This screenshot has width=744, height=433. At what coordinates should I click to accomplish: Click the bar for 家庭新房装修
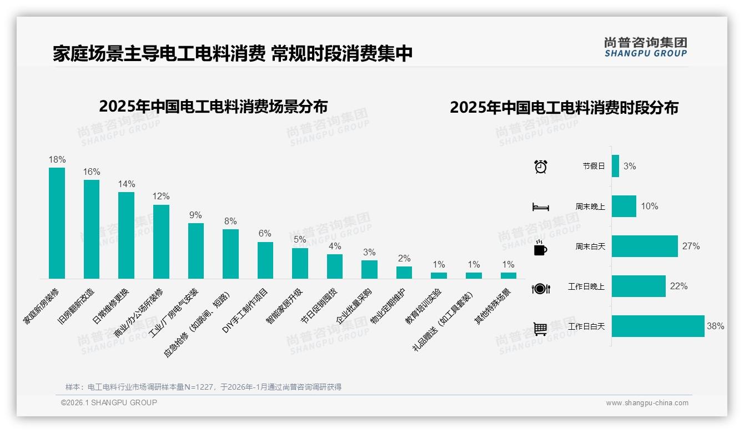tap(57, 223)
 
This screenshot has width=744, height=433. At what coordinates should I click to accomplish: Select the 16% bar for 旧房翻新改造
tap(92, 229)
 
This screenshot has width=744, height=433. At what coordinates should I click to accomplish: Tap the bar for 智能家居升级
tap(300, 263)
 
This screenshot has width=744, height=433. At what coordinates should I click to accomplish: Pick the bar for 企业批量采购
tap(369, 269)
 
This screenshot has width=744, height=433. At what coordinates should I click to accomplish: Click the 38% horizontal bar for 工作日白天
tap(658, 326)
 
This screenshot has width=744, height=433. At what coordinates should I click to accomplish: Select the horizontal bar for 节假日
tap(615, 166)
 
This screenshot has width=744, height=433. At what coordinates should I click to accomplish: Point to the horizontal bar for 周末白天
tap(645, 246)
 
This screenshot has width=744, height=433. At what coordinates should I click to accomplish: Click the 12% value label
tap(161, 197)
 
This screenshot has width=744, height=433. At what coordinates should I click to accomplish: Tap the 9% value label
tap(195, 215)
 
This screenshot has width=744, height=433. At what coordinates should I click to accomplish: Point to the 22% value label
tap(679, 286)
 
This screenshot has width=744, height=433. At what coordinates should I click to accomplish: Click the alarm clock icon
tap(540, 167)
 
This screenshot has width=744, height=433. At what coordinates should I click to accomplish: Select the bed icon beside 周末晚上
tap(540, 207)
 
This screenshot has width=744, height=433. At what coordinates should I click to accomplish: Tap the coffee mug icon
tap(540, 248)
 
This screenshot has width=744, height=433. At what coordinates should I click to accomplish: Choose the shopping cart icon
tap(540, 329)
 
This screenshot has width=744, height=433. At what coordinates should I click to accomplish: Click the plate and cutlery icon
tap(540, 288)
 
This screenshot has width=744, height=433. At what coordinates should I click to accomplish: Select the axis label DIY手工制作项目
tap(245, 311)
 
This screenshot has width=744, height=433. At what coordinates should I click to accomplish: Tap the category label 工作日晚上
tap(586, 287)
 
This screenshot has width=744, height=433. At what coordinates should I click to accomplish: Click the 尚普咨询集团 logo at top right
tap(645, 47)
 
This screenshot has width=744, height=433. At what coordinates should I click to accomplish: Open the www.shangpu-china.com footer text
tap(647, 403)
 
